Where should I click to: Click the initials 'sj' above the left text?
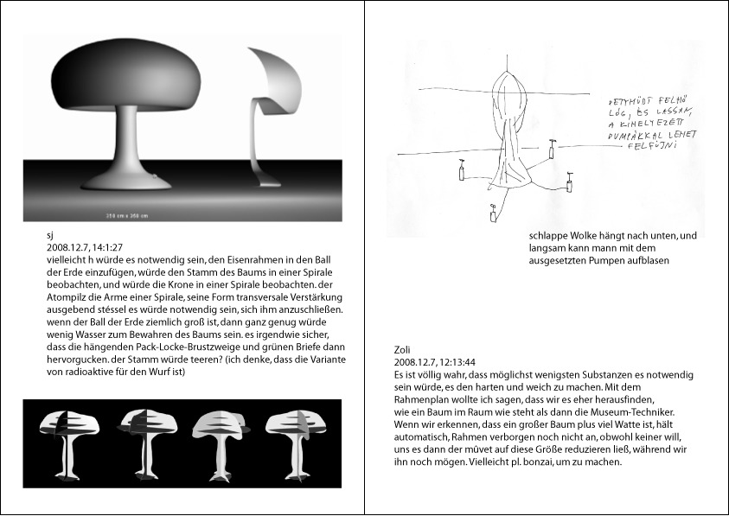click(x=49, y=234)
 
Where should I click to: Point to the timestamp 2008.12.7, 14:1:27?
click(x=84, y=246)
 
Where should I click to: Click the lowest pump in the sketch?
click(x=493, y=213)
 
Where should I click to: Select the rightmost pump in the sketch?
click(x=569, y=182)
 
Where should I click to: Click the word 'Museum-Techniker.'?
click(x=638, y=413)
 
